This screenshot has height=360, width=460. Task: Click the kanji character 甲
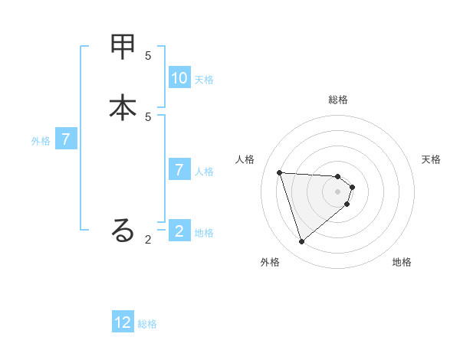123,47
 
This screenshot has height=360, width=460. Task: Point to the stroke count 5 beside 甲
148,55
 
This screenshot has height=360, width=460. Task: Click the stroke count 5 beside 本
148,116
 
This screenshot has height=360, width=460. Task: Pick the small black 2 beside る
148,240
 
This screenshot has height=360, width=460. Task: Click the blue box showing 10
179,78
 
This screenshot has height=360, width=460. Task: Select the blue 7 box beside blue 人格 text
179,170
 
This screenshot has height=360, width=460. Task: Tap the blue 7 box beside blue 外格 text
66,139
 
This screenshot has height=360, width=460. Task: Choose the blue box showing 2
179,231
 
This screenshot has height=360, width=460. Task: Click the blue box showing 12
123,322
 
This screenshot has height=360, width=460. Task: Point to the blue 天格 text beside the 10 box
204,80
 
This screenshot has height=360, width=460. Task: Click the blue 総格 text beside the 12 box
147,324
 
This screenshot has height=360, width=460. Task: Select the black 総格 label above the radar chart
338,100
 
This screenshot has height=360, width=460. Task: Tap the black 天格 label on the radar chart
432,159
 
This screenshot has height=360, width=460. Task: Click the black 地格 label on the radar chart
402,262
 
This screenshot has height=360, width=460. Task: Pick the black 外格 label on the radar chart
270,262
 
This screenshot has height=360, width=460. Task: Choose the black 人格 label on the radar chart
245,159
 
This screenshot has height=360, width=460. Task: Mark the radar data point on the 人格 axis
279,172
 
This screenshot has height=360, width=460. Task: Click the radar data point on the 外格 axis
301,242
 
